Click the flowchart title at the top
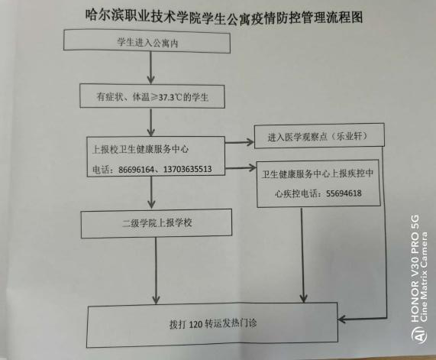tap(224, 17)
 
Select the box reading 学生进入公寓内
tap(147, 41)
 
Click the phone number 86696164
tap(136, 169)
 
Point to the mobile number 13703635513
tap(187, 169)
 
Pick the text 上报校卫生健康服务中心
tap(140, 149)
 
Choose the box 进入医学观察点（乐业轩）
tap(319, 135)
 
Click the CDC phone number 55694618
tap(344, 193)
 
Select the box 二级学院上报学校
tap(157, 223)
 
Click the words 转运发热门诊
tap(231, 323)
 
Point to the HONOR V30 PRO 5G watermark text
tap(415, 268)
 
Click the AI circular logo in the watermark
tap(418, 333)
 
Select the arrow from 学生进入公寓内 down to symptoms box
tap(150, 68)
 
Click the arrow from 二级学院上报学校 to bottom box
tap(156, 271)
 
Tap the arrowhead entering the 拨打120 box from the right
tap(342, 319)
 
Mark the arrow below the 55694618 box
tap(303, 255)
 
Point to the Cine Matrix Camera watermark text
tap(425, 277)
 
